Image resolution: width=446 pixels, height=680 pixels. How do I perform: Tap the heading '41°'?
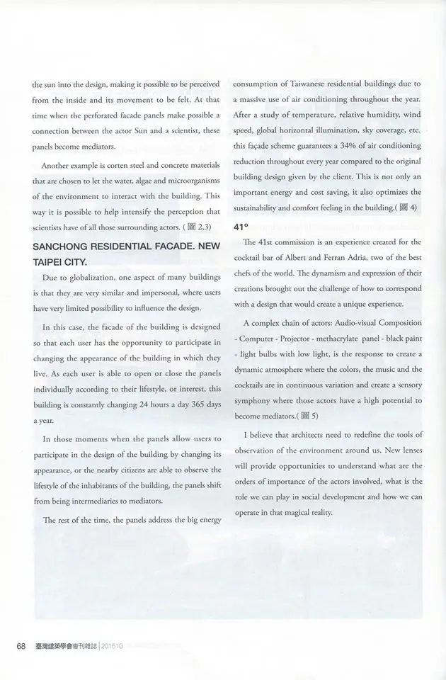[241, 227]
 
